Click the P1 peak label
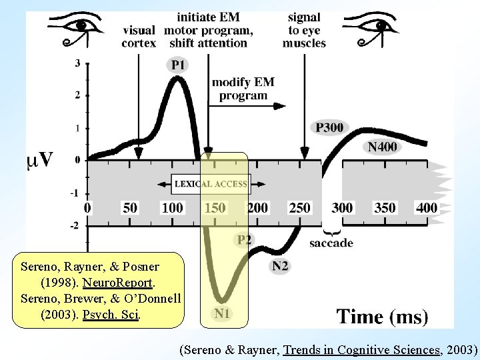tap(178, 65)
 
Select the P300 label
tap(331, 127)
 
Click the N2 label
tap(280, 266)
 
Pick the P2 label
tap(245, 239)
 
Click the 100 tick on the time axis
tap(172, 208)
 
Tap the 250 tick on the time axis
tap(299, 208)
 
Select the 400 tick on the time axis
tap(427, 208)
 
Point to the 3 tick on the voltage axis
tap(79, 63)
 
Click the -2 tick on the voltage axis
tap(76, 225)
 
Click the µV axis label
tap(40, 160)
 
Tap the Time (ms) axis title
tap(382, 316)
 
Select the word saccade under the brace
tap(331, 243)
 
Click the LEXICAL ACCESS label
tap(211, 184)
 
